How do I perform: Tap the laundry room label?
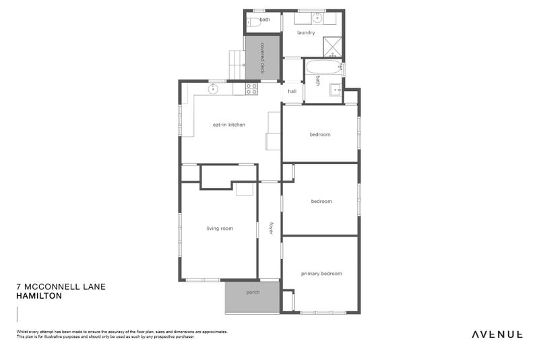coord(306,32)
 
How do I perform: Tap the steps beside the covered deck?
coord(236,65)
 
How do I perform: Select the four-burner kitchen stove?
coord(251,88)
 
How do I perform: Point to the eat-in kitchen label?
coord(228,125)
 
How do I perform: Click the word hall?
coord(292,91)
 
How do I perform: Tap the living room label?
coord(220,229)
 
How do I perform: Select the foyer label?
coord(271,229)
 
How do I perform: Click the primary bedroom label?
coord(321,274)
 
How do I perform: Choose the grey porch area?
coord(253,297)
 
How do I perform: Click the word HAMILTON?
coord(39,296)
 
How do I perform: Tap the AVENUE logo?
coord(497,334)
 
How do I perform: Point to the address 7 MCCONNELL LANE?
coord(61,287)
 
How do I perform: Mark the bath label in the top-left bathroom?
coord(265,20)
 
